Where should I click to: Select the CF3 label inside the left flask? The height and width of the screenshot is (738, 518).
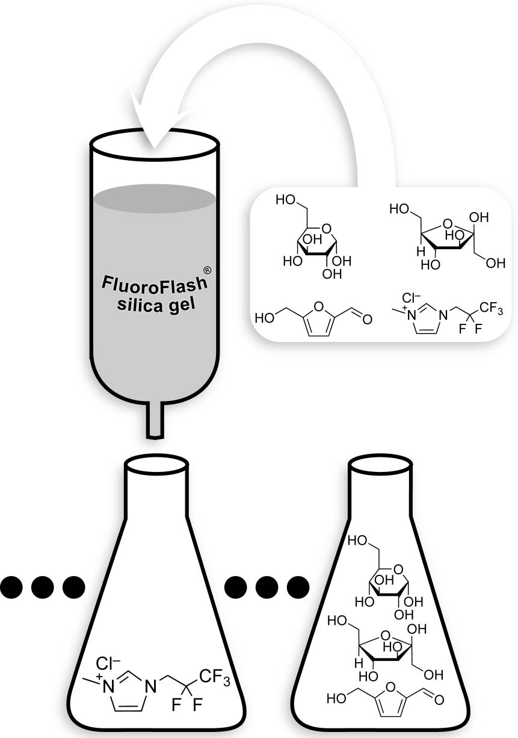coord(212,680)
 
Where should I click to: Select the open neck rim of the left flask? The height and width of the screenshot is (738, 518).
coord(155,466)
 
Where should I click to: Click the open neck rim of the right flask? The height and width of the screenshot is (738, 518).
coord(380,466)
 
